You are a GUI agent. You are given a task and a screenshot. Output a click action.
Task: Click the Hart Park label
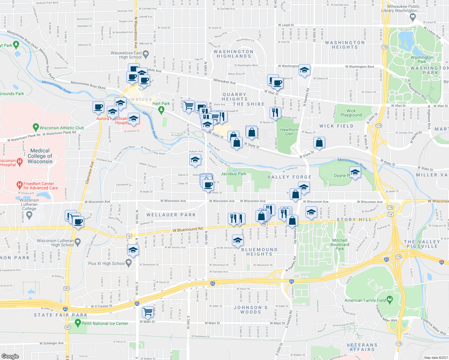tap(161, 103)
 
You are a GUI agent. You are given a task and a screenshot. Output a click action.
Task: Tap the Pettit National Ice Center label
tap(105, 323)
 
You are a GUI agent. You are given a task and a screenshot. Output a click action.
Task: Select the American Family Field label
tap(365, 300)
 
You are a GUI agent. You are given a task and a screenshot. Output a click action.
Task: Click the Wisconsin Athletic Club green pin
tap(36, 127)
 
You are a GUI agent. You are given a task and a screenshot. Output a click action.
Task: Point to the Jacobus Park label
tap(234, 174)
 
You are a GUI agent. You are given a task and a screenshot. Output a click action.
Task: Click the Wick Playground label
tap(351, 113)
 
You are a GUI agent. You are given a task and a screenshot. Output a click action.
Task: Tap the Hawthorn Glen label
tap(289, 132)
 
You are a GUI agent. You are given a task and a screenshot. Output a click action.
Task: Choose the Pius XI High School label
tap(107, 263)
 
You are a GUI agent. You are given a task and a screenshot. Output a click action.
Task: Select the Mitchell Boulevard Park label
tap(340, 244)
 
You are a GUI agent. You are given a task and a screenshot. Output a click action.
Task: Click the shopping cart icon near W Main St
tap(148, 312)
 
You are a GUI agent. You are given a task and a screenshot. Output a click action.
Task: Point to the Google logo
tap(10, 356)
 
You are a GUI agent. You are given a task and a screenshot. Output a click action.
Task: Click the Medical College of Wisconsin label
tap(40, 156)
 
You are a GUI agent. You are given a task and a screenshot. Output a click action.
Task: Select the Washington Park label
tap(422, 59)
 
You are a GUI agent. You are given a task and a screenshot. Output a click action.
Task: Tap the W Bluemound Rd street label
tap(188, 230)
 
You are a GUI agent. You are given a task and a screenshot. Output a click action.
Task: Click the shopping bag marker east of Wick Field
tap(319, 142)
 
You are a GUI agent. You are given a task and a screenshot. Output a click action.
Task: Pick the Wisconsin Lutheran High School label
tap(55, 243)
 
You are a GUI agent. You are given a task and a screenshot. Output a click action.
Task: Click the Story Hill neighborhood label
tap(354, 220)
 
